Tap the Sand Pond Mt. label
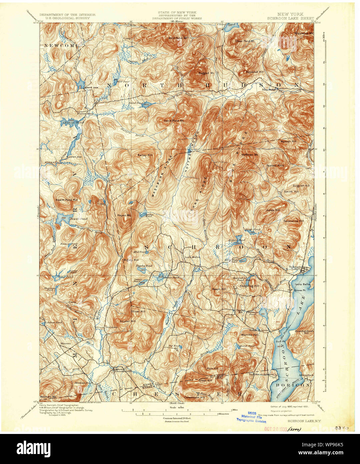pyautogui.click(x=174, y=120)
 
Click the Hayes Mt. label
pyautogui.click(x=123, y=215)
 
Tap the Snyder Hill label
pyautogui.click(x=127, y=321)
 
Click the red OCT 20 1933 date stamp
pyautogui.click(x=275, y=429)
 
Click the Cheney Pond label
pyautogui.click(x=70, y=123)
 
